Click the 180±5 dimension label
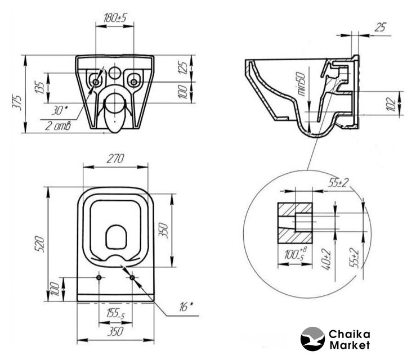click(x=115, y=18)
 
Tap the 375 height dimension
click(x=17, y=102)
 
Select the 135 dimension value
click(x=40, y=88)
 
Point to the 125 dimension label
click(x=182, y=67)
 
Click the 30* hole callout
click(x=60, y=110)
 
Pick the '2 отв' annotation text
click(x=58, y=125)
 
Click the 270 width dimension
click(x=115, y=159)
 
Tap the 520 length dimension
click(x=39, y=244)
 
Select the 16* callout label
click(x=186, y=307)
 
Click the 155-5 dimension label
click(x=115, y=314)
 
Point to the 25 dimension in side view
click(x=381, y=27)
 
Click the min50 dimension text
click(x=302, y=84)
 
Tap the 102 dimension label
click(x=392, y=104)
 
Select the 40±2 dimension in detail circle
click(x=326, y=259)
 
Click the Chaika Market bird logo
click(x=312, y=339)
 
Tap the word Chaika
click(x=349, y=334)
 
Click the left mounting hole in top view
click(x=99, y=277)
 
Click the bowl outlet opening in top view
click(x=116, y=237)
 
